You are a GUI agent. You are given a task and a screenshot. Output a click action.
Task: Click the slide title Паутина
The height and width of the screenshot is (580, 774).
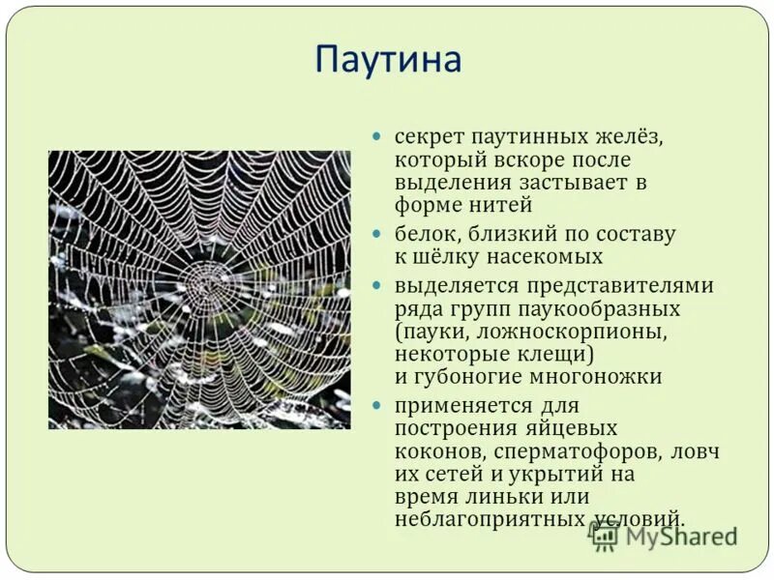[x=387, y=61]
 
